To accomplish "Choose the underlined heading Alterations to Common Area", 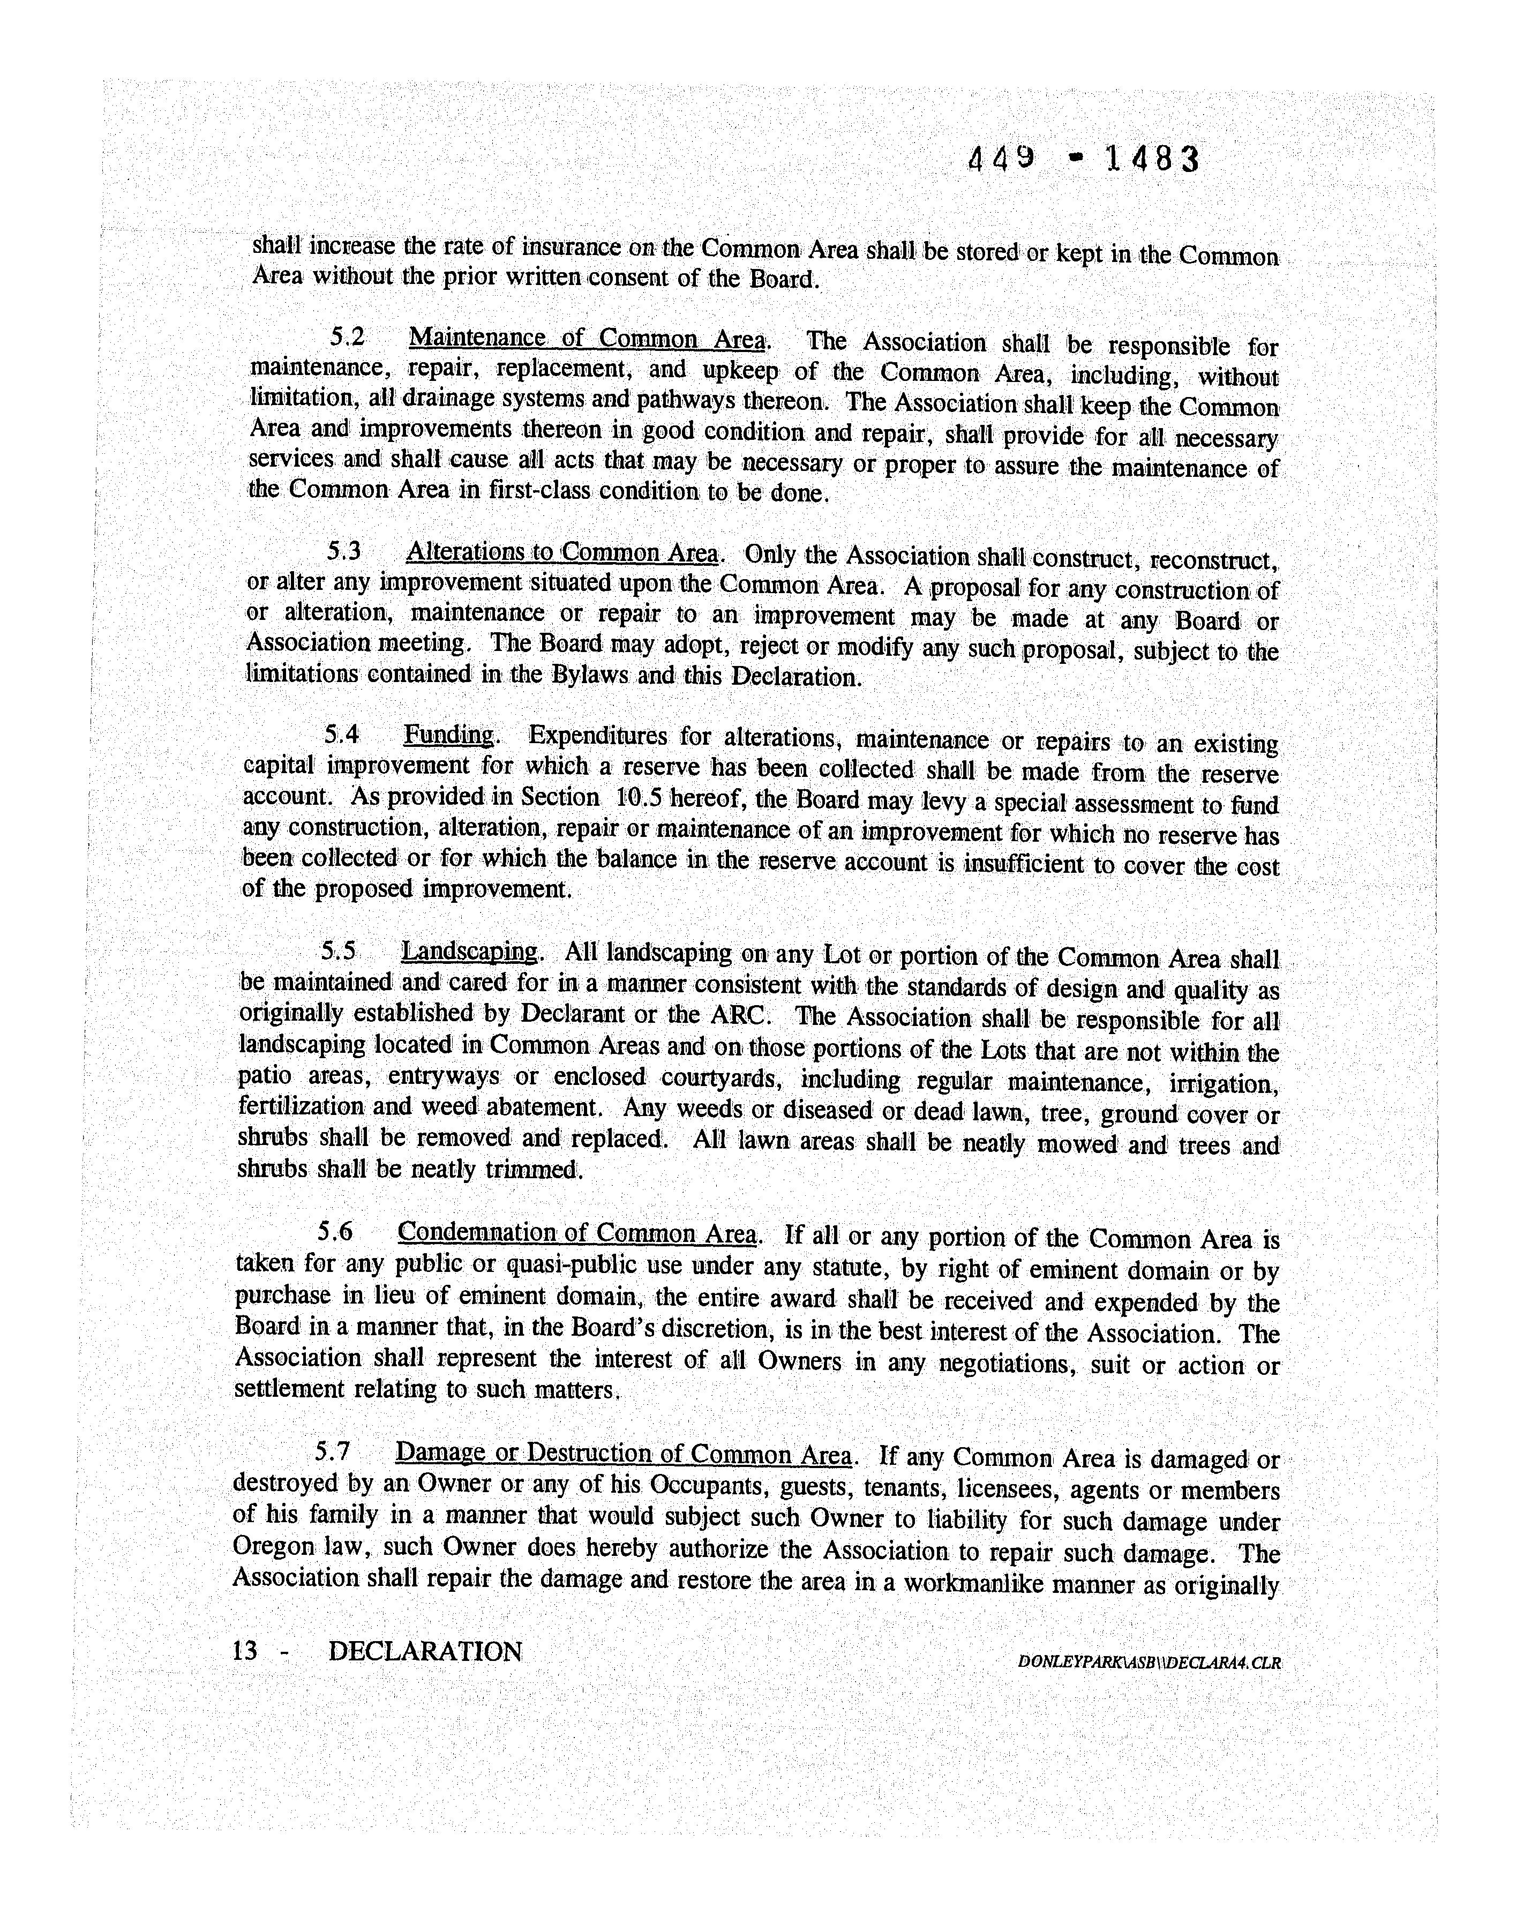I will [x=562, y=553].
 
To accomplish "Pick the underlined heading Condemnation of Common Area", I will [x=577, y=1233].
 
